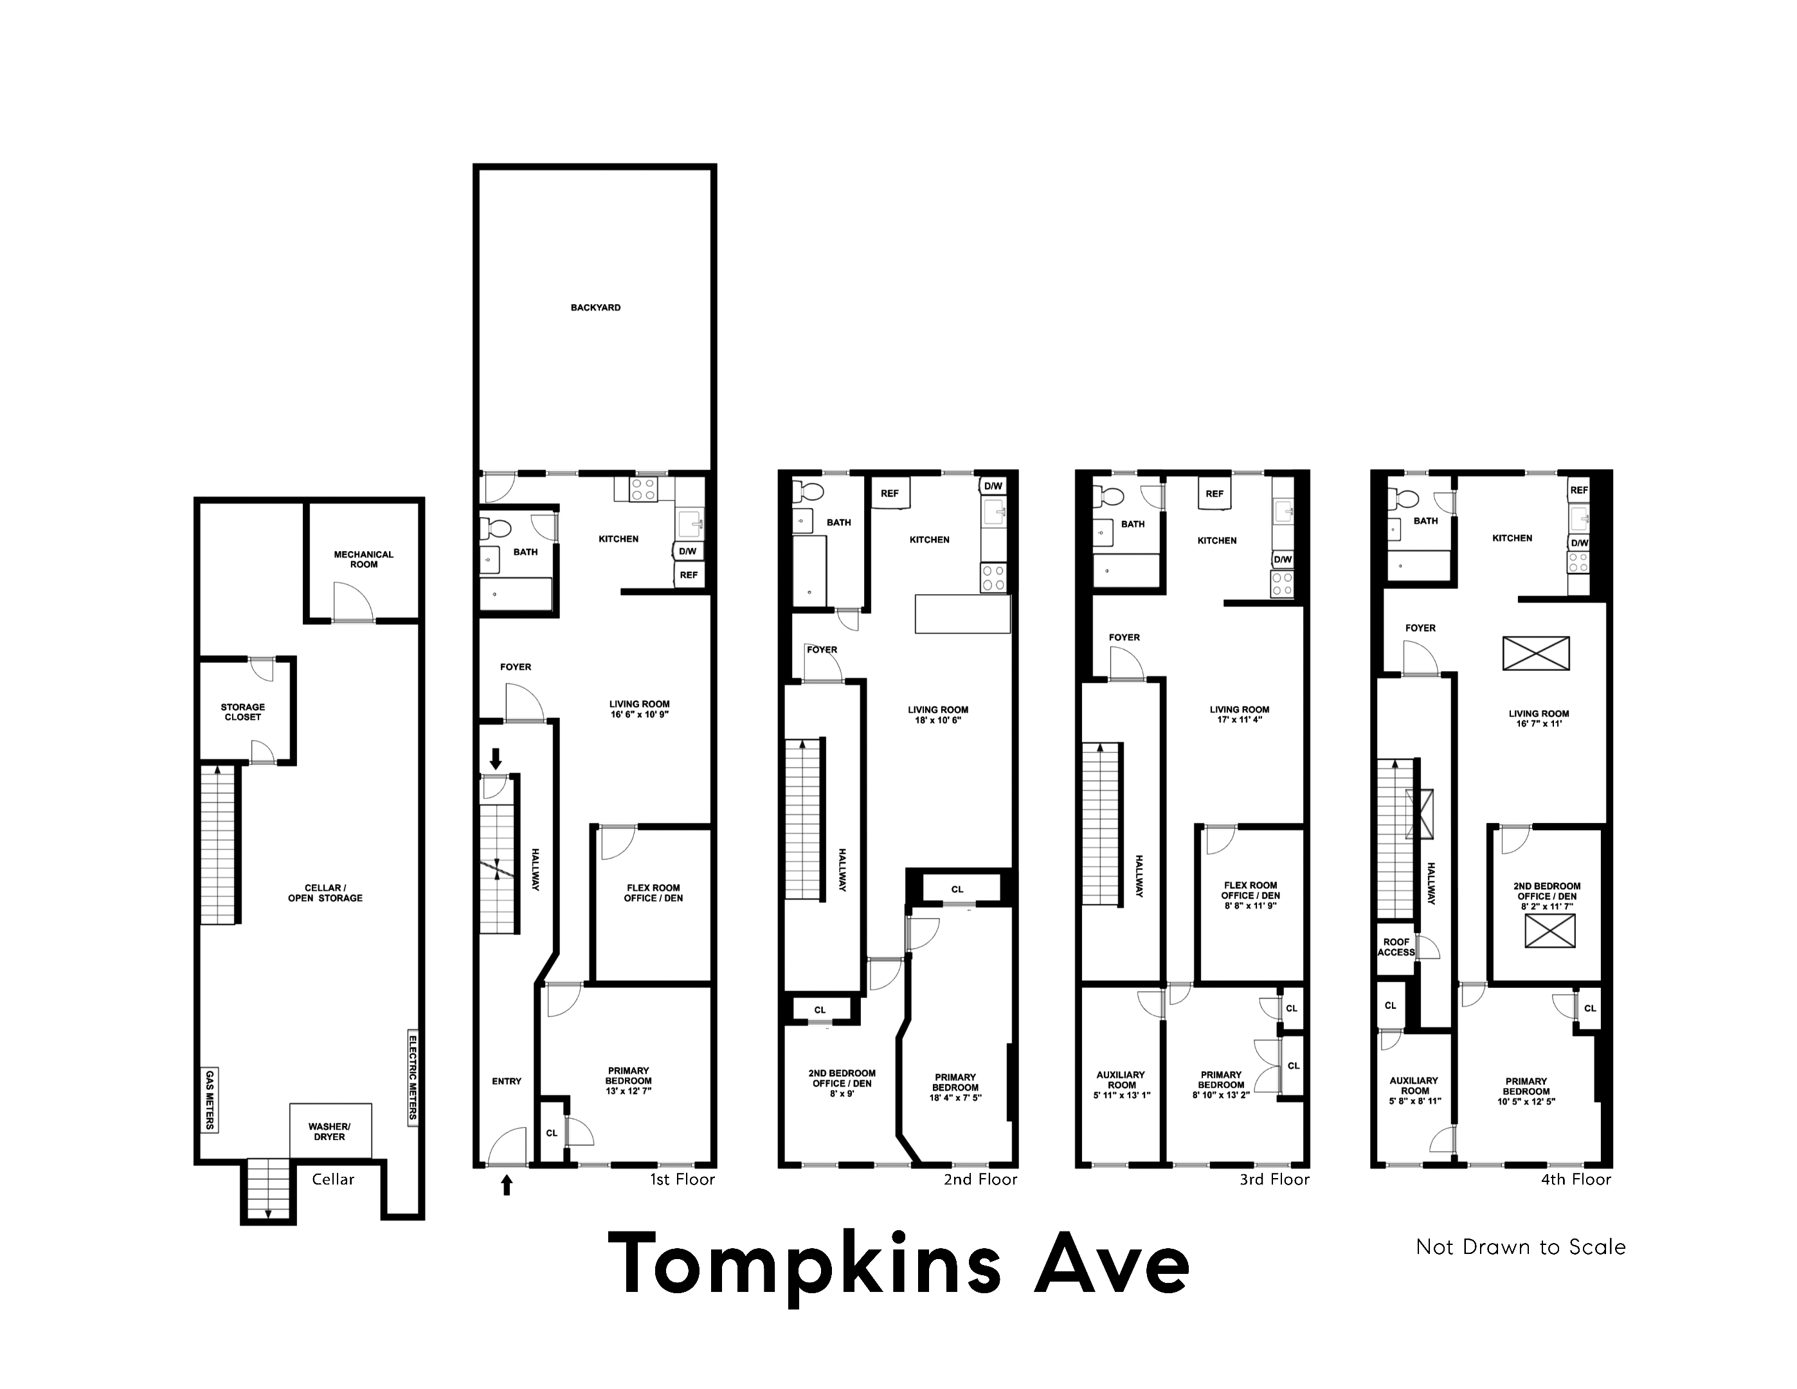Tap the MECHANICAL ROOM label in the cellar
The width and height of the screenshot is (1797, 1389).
(364, 559)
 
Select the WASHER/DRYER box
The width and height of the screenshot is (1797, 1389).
(330, 1131)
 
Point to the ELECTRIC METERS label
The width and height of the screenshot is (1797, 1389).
(413, 1077)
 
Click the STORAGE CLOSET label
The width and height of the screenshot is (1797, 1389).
(243, 712)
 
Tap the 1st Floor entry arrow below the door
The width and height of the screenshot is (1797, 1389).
(507, 1186)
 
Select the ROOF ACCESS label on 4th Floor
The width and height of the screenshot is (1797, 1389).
(1396, 947)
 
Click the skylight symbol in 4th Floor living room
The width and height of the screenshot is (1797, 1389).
(1535, 653)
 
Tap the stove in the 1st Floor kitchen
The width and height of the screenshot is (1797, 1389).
(642, 491)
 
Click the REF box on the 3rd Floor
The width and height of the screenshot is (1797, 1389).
(1215, 494)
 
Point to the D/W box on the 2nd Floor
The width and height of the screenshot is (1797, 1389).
(993, 486)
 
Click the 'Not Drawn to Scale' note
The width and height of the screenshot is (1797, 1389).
(1521, 1248)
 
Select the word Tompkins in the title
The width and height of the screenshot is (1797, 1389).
(804, 1265)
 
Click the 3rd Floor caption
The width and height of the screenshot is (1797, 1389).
(1274, 1180)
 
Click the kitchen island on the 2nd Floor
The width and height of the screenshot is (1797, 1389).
(962, 615)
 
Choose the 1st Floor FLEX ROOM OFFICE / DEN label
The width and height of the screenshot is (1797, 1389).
(653, 893)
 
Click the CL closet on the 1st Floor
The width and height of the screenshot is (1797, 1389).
(551, 1133)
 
